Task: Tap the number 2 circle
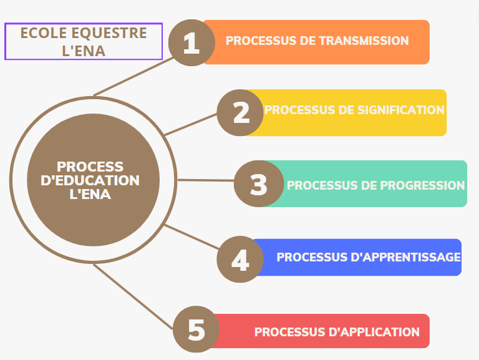pos(241,112)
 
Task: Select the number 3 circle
pos(258,185)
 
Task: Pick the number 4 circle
pos(240,259)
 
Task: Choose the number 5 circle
pos(196,329)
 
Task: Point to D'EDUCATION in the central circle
pos(94,180)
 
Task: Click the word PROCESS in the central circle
pos(90,167)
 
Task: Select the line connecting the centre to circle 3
pos(206,180)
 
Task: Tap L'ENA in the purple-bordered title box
pos(84,51)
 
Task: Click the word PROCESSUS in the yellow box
pos(299,110)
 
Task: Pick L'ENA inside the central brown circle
pos(90,194)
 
